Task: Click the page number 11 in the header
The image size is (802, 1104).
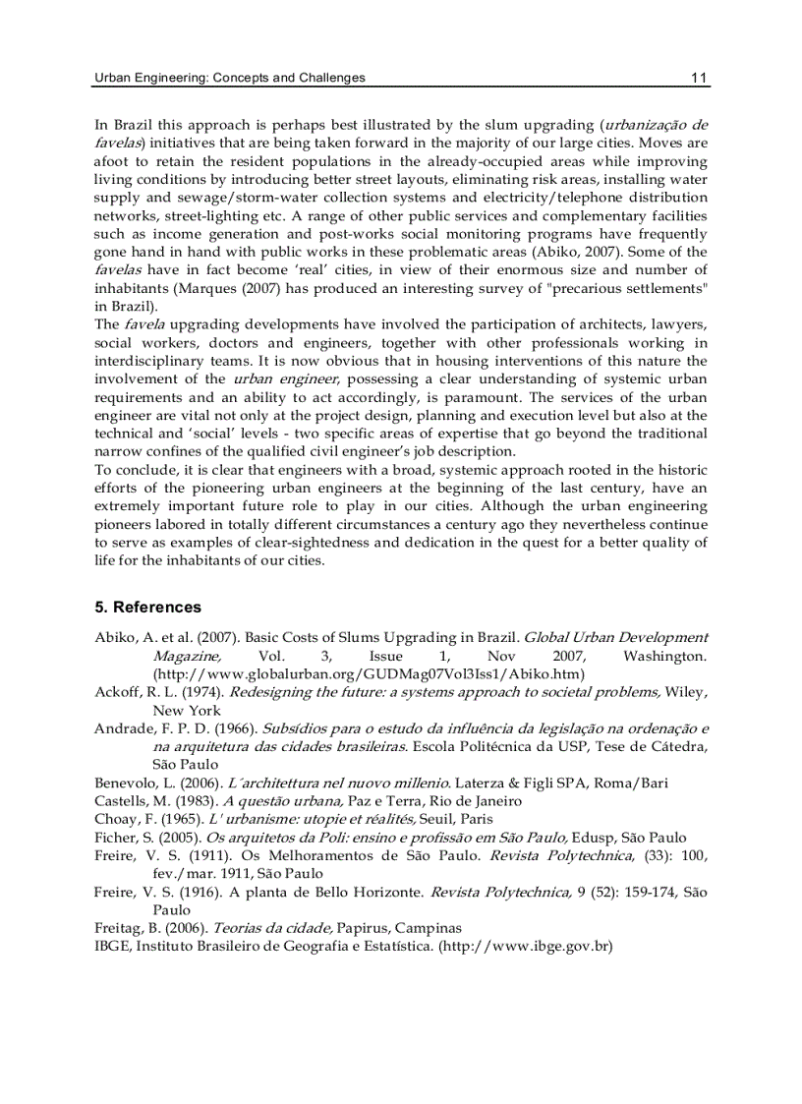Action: click(699, 78)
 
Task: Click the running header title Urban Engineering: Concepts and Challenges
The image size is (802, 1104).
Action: click(229, 78)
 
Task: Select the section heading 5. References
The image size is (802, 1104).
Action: click(147, 607)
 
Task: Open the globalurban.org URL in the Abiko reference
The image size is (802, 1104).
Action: click(369, 673)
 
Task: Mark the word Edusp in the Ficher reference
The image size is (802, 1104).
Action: click(593, 838)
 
